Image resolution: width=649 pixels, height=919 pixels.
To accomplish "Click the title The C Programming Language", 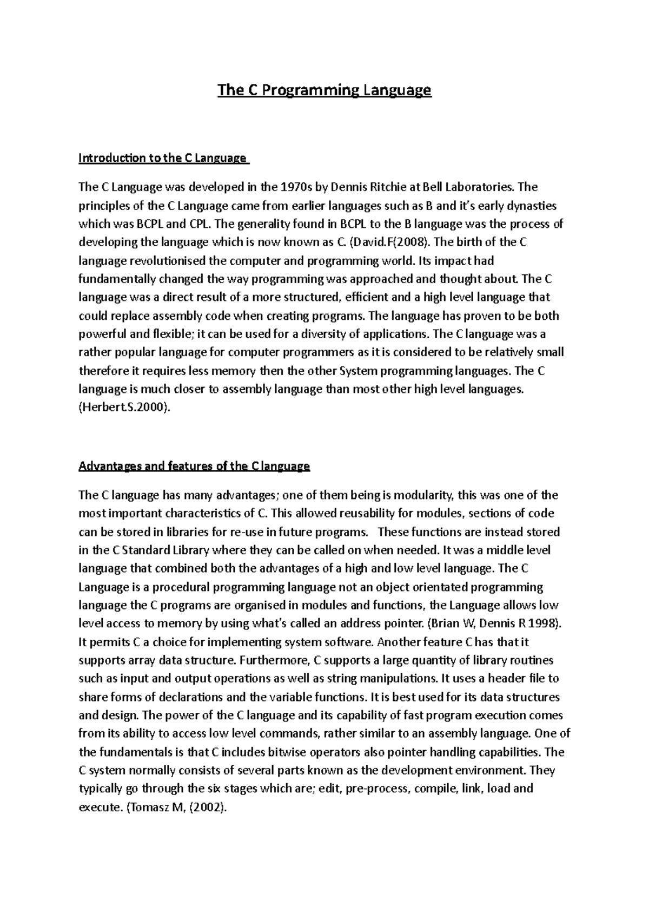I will [324, 90].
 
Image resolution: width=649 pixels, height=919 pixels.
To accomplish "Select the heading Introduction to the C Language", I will [163, 159].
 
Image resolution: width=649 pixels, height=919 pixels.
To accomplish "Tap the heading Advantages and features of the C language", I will [194, 466].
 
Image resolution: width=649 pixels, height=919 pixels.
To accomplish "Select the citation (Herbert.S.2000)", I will [124, 408].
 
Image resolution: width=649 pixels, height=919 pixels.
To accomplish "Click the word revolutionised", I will [168, 261].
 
